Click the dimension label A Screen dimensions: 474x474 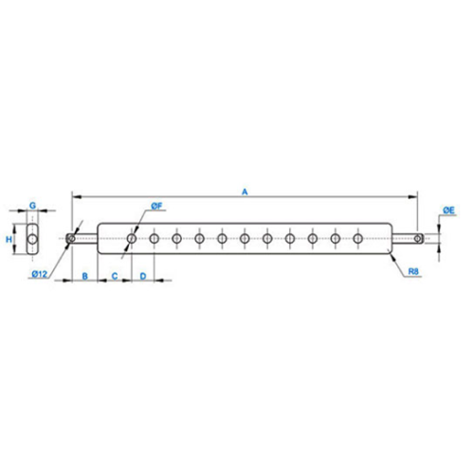coord(245,191)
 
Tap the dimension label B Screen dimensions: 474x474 coord(84,276)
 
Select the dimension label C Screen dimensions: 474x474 coord(115,276)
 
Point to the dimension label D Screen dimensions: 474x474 coord(143,276)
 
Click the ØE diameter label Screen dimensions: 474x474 coord(448,210)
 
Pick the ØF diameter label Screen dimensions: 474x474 coord(156,207)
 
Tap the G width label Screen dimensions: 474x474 coord(32,206)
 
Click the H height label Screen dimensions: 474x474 coord(9,239)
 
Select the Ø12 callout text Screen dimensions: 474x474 coord(40,274)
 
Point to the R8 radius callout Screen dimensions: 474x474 coord(413,271)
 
